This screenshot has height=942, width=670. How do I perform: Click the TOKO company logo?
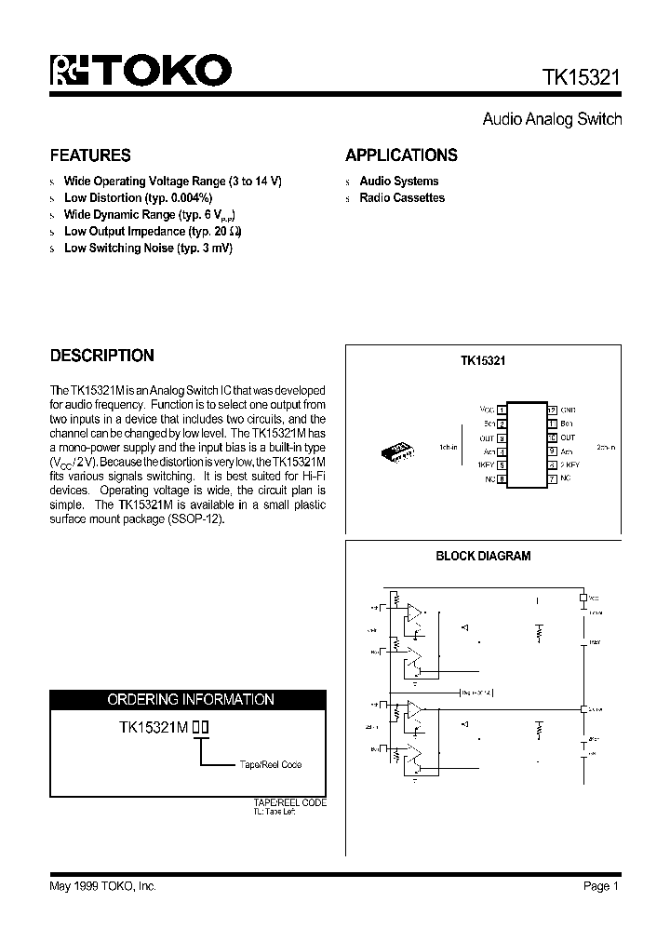(141, 71)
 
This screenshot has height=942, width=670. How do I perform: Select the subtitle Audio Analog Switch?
(552, 119)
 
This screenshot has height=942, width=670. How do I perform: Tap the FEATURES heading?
(90, 155)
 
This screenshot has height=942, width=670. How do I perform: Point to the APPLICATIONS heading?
(401, 155)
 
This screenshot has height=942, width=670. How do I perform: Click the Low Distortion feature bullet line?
(138, 198)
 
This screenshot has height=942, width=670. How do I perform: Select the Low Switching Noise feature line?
(148, 249)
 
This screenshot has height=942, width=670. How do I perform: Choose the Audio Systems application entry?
(398, 182)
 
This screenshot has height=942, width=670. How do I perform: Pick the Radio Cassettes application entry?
(402, 198)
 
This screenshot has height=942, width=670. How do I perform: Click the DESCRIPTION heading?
(101, 356)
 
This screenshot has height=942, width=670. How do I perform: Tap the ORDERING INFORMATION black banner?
(190, 699)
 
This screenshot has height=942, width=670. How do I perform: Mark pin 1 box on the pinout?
(502, 410)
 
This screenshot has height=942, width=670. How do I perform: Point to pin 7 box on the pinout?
(552, 478)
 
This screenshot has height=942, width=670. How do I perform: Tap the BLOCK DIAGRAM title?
(483, 556)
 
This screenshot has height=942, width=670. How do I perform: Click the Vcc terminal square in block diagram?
(583, 598)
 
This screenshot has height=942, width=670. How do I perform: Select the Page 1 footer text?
(601, 886)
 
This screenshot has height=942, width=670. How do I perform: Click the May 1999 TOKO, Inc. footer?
(102, 886)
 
